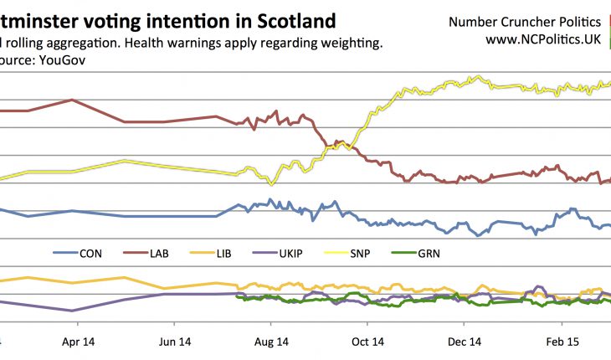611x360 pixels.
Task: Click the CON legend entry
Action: click(79, 252)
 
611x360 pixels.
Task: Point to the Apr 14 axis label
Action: click(78, 341)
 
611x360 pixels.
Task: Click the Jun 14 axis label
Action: click(175, 341)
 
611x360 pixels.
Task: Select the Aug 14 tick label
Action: click(271, 341)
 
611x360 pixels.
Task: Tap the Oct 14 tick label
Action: click(367, 341)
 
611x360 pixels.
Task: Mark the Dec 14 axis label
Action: click(465, 341)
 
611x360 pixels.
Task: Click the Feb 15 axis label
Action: click(561, 341)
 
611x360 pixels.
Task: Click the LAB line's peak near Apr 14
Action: click(73, 100)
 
